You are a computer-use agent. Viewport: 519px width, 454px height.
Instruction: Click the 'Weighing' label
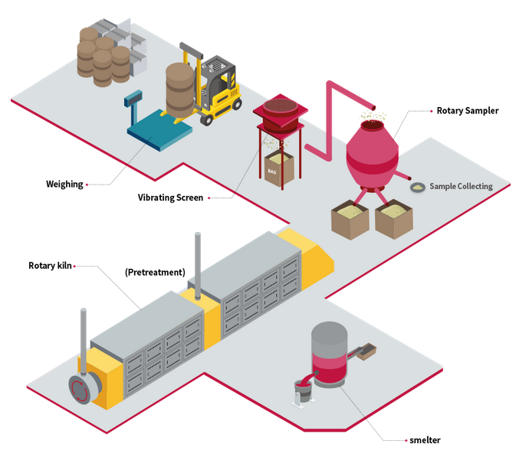tap(64, 184)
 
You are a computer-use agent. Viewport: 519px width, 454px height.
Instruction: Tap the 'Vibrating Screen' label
tap(170, 198)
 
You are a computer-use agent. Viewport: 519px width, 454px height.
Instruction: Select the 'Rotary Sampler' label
tap(468, 111)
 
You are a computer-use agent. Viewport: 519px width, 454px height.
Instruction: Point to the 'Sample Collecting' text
tap(461, 186)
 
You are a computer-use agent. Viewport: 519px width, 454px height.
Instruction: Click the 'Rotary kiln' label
tap(50, 266)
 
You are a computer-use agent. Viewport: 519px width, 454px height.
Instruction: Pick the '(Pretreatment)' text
tap(154, 272)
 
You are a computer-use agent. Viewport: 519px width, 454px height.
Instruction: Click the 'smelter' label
tap(425, 440)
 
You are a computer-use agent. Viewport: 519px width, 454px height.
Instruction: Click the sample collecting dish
tap(418, 186)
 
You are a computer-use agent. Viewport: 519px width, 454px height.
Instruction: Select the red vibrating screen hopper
tap(279, 116)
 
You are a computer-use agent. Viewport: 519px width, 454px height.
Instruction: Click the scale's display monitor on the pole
tap(136, 98)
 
